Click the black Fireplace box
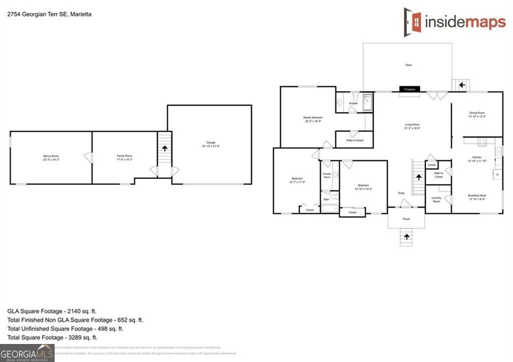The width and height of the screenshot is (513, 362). (x=409, y=89)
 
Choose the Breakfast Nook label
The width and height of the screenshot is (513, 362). (x=476, y=197)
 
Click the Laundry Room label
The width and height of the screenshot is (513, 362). (x=436, y=199)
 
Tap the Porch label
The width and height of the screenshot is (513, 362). (x=406, y=219)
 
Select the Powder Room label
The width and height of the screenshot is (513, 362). (x=327, y=176)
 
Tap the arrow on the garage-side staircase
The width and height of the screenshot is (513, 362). (x=164, y=149)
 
